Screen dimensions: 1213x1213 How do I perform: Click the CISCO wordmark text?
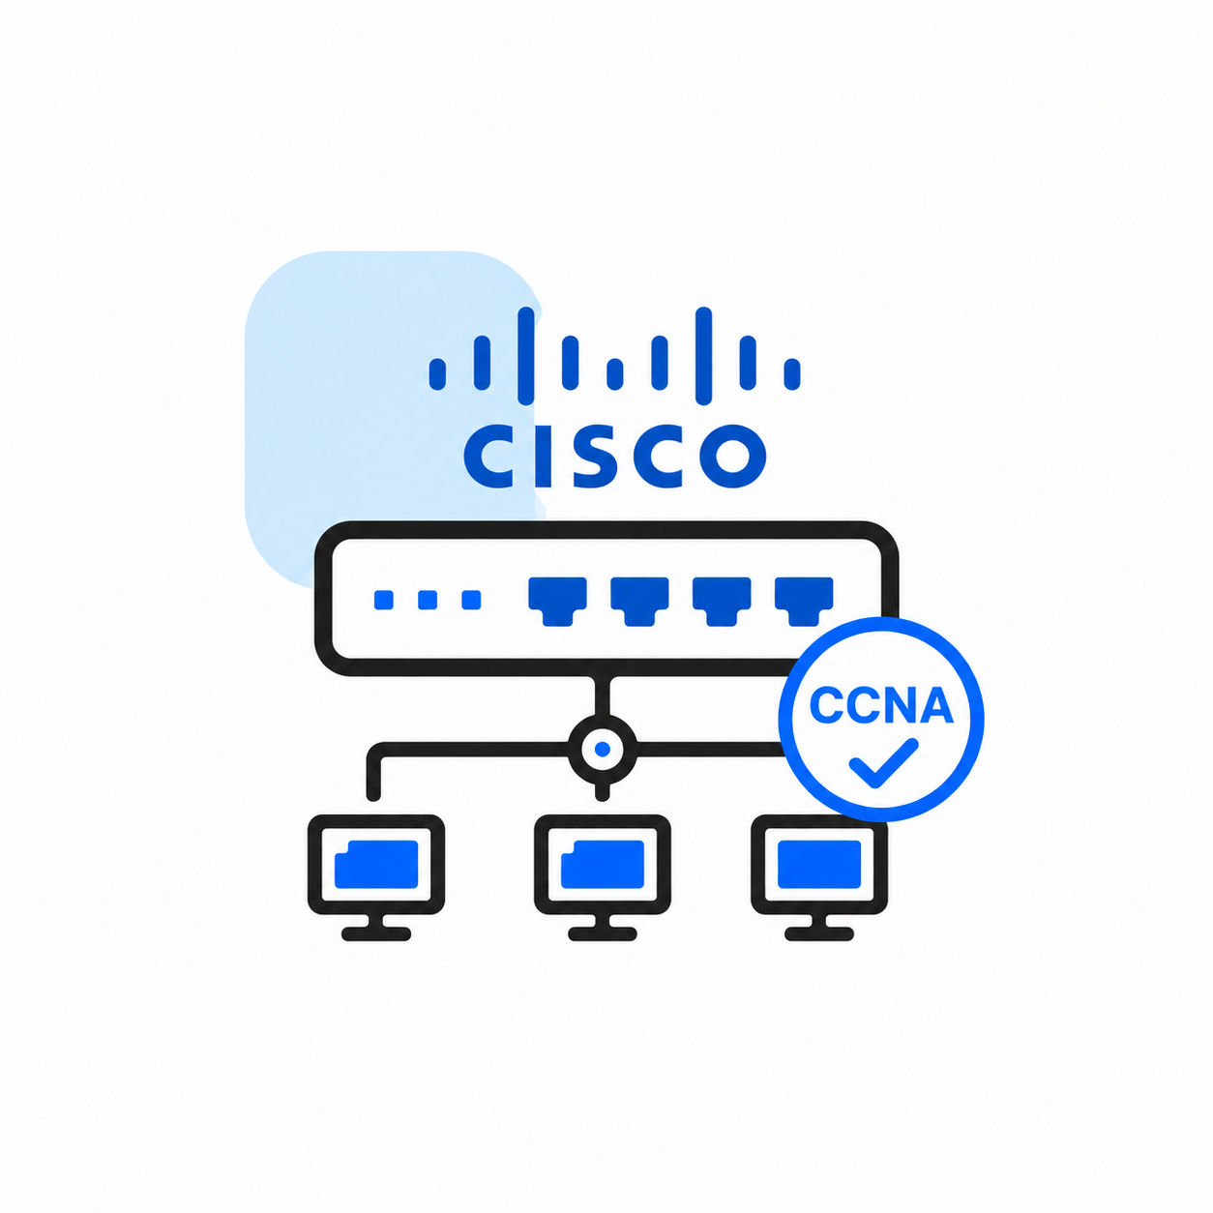pos(615,456)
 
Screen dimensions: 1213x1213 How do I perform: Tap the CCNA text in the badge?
pos(880,705)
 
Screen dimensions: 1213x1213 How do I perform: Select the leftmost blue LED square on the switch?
pos(383,600)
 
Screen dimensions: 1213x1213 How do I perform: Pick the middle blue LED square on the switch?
pos(428,600)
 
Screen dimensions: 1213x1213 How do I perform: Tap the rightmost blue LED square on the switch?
pos(471,600)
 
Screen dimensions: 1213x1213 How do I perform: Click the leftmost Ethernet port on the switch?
pos(557,601)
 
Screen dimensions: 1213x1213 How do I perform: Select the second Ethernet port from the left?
pos(639,601)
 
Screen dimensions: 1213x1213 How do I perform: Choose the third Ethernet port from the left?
pos(722,601)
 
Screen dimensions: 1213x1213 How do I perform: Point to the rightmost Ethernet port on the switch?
pos(804,601)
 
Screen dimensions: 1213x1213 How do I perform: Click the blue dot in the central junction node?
pos(603,749)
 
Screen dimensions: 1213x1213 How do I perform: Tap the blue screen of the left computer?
pos(375,864)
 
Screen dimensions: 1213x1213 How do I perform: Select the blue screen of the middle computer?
pos(603,864)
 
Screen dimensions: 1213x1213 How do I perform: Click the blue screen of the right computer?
pos(819,864)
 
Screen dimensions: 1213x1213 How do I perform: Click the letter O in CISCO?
pos(734,457)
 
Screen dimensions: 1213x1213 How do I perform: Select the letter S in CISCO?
pos(596,457)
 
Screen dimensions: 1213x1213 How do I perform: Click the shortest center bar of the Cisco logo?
pos(615,374)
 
